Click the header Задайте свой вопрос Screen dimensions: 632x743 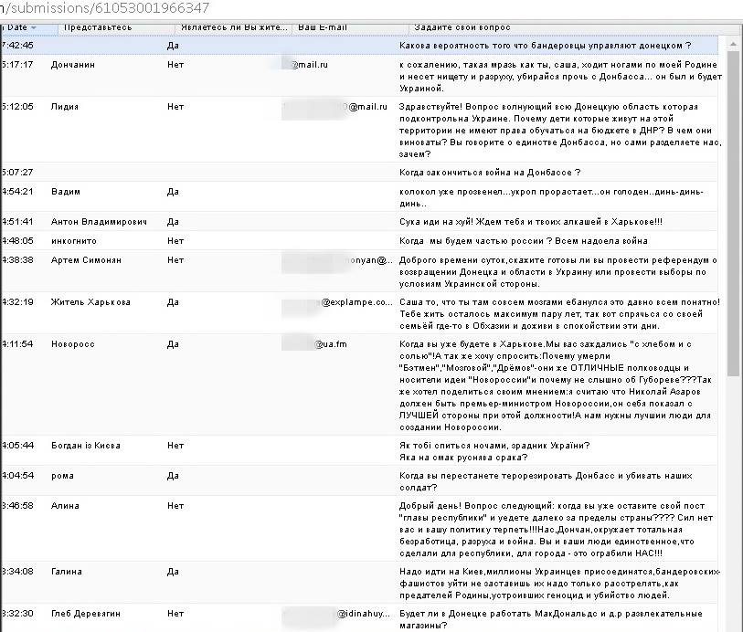[462, 27]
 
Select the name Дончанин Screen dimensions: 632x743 [73, 65]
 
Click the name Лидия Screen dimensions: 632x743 [65, 107]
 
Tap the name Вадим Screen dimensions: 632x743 [66, 192]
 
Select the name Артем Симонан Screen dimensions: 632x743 [86, 260]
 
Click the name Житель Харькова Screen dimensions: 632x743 [90, 302]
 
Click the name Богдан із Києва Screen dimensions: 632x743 [86, 446]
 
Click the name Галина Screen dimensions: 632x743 [67, 572]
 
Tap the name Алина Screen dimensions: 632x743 [66, 505]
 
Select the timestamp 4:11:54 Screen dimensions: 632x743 [18, 344]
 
